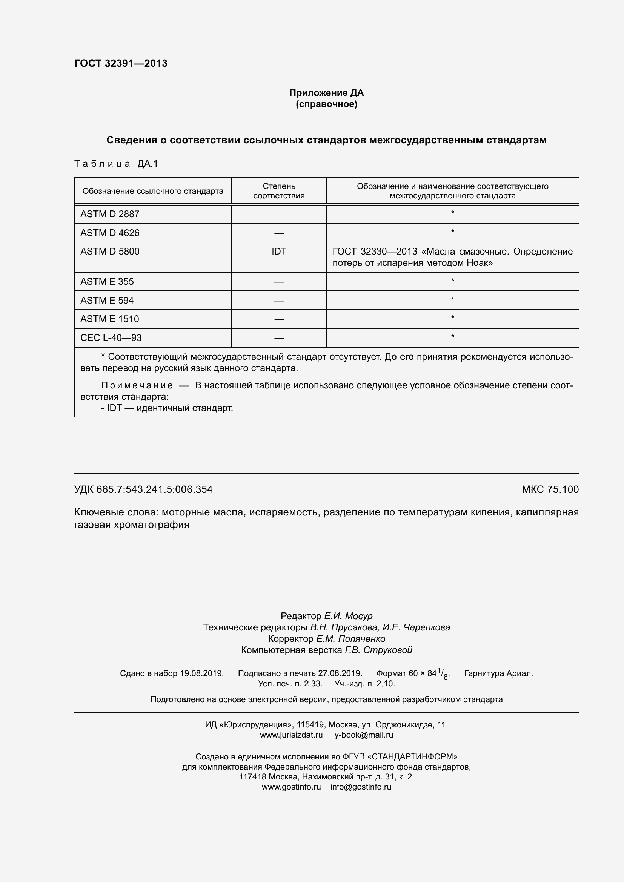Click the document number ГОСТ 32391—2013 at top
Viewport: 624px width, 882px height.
click(x=121, y=63)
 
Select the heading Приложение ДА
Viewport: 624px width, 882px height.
click(x=326, y=93)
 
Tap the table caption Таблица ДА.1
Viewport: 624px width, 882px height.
click(x=116, y=164)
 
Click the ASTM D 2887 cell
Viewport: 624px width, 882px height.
click(x=110, y=214)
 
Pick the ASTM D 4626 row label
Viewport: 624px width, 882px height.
click(x=110, y=233)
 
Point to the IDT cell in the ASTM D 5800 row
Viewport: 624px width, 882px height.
click(x=279, y=251)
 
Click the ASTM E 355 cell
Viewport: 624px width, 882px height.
click(x=107, y=282)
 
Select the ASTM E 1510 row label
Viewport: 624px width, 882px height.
click(x=109, y=319)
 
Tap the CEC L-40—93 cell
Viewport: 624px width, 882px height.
click(x=111, y=337)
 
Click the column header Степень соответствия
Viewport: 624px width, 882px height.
click(x=279, y=191)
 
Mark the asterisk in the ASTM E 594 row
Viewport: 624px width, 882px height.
click(x=453, y=299)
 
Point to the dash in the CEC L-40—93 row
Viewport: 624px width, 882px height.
click(x=279, y=338)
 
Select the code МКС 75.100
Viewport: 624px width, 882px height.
click(x=550, y=489)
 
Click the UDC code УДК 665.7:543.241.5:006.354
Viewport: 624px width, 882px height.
click(x=143, y=489)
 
